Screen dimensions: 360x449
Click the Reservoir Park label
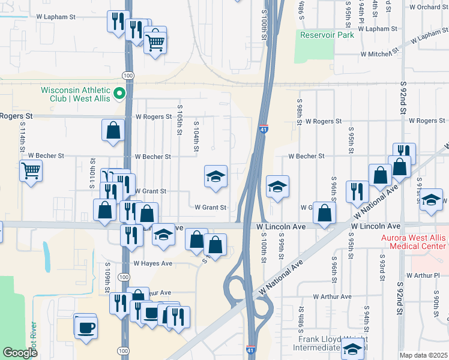pos(327,35)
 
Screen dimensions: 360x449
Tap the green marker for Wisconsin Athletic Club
pos(119,93)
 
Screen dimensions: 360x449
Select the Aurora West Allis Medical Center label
pos(414,242)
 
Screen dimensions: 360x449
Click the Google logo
pos(21,353)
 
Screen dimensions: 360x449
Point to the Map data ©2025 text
pos(424,355)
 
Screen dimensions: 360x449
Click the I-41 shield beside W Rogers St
pos(264,128)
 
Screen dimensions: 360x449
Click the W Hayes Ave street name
pos(152,263)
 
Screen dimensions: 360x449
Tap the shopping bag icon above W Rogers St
pos(113,130)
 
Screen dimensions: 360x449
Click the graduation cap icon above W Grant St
pos(216,176)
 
